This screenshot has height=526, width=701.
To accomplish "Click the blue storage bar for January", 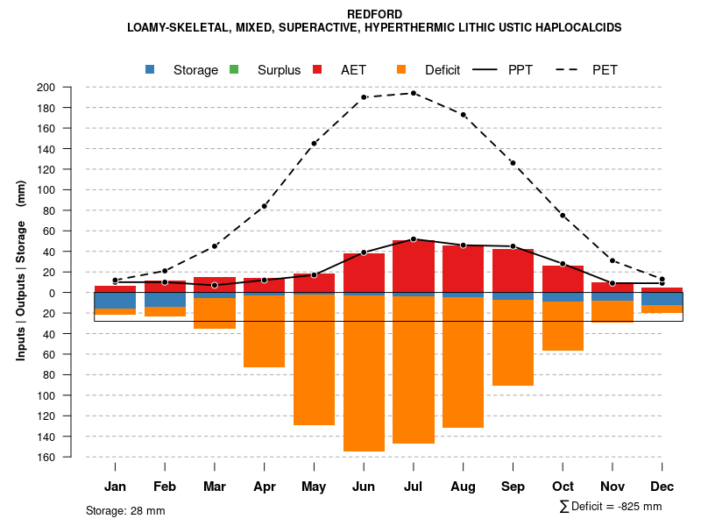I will [x=115, y=300].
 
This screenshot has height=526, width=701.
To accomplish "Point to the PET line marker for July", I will [x=414, y=93].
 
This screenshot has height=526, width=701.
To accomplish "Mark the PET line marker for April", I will [x=265, y=206].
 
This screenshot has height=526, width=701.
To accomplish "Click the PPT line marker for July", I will [x=414, y=238].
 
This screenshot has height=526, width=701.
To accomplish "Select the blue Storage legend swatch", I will [x=151, y=69].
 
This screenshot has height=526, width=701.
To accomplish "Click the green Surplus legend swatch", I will [x=234, y=69].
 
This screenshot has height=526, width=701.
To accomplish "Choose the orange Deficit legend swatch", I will [x=401, y=69].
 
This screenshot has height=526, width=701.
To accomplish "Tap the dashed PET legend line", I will [x=570, y=69].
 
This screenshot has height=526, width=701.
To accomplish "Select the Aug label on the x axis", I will [x=464, y=487].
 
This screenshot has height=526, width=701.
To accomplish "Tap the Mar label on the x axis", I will [x=215, y=487].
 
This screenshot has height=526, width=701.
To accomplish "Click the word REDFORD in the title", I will [x=374, y=14].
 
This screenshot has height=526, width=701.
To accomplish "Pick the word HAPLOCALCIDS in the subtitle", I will [x=577, y=27].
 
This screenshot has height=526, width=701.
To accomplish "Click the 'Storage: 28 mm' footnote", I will [x=125, y=510].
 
